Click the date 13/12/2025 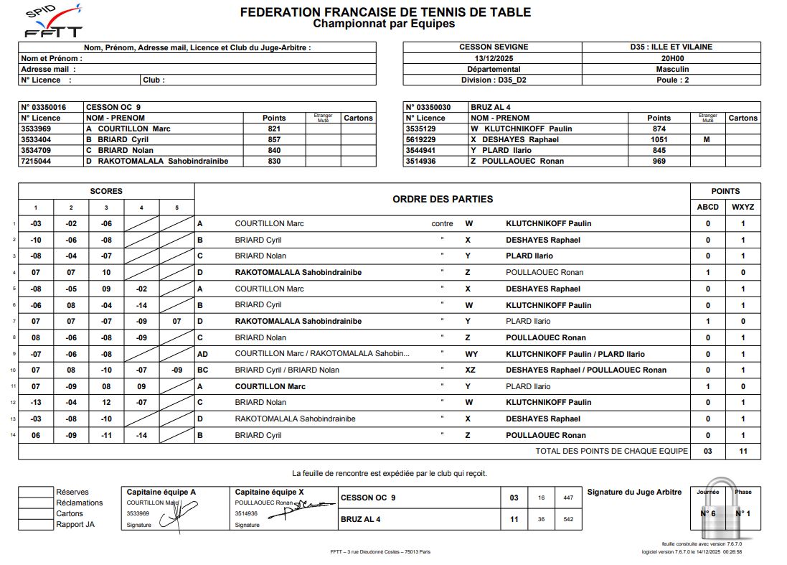(x=492, y=58)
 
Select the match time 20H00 (x=671, y=58)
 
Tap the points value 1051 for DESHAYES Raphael (x=659, y=139)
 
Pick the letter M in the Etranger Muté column (x=707, y=139)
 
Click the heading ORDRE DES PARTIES (x=443, y=199)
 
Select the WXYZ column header (x=743, y=207)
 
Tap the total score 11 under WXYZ (x=743, y=451)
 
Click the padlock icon (x=724, y=511)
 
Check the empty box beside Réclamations (x=36, y=503)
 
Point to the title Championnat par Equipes (x=384, y=24)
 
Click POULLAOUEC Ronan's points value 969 (x=659, y=161)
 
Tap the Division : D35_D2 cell (x=492, y=80)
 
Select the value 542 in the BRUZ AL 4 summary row (x=568, y=519)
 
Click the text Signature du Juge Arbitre (x=634, y=492)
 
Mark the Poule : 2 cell (x=671, y=80)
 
